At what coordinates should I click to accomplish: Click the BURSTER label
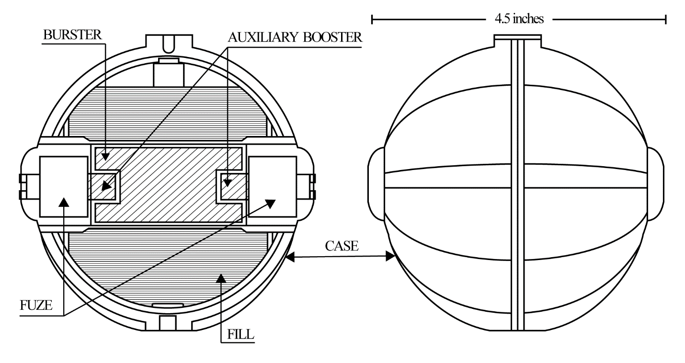pyautogui.click(x=72, y=34)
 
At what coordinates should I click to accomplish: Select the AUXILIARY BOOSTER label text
pyautogui.click(x=295, y=37)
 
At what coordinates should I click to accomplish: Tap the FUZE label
pyautogui.click(x=36, y=305)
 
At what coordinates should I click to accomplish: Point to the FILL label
pyautogui.click(x=240, y=334)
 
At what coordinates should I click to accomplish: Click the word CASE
pyautogui.click(x=342, y=246)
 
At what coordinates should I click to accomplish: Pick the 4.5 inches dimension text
pyautogui.click(x=519, y=19)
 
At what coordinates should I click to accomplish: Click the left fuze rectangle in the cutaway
pyautogui.click(x=64, y=187)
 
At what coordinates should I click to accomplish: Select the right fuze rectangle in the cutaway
pyautogui.click(x=273, y=187)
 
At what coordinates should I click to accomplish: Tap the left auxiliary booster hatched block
pyautogui.click(x=102, y=186)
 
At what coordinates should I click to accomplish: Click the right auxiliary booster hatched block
pyautogui.click(x=234, y=186)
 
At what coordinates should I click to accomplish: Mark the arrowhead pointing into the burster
pyautogui.click(x=104, y=156)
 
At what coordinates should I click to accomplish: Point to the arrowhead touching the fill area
pyautogui.click(x=221, y=278)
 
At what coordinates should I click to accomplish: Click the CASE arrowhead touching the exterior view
pyautogui.click(x=390, y=256)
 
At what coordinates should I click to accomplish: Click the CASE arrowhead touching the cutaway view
pyautogui.click(x=290, y=257)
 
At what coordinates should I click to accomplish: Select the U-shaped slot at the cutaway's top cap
pyautogui.click(x=169, y=45)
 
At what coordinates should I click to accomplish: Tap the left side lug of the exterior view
pyautogui.click(x=376, y=183)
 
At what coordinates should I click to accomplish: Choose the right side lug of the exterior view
pyautogui.click(x=655, y=183)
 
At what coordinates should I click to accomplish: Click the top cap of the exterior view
pyautogui.click(x=517, y=41)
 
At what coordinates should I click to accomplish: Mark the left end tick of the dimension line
pyautogui.click(x=372, y=19)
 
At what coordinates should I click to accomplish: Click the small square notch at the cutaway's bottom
pyautogui.click(x=168, y=323)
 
